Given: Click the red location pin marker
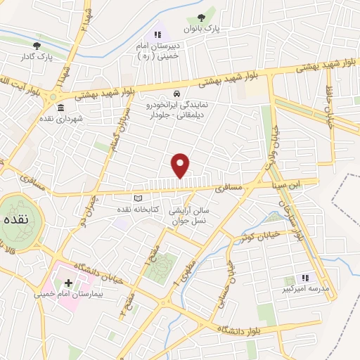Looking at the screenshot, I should tap(181, 165).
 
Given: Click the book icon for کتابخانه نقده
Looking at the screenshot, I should tap(138, 199).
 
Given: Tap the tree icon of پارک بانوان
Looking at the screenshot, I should tap(202, 18).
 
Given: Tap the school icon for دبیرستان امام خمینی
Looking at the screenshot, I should tap(158, 34).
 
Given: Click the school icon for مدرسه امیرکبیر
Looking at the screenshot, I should tap(306, 278).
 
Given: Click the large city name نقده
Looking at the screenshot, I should tap(15, 220).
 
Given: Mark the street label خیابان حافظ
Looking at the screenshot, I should tap(328, 102).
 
